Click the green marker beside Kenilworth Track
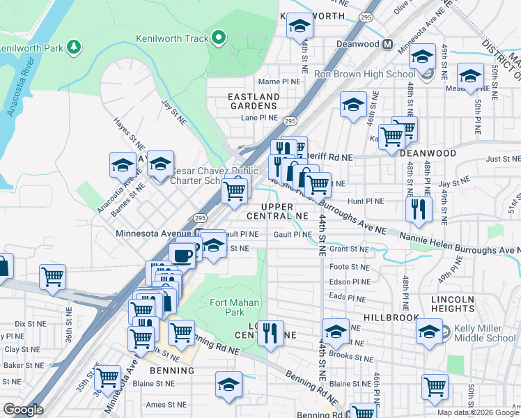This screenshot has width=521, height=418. pyautogui.click(x=219, y=38)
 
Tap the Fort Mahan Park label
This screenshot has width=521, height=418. pyautogui.click(x=235, y=308)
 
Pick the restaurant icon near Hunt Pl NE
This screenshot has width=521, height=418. pyautogui.click(x=418, y=210)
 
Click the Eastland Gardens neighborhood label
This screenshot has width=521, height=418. pyautogui.click(x=254, y=101)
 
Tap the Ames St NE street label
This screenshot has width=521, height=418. pyautogui.click(x=166, y=404)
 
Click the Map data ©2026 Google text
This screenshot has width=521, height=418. pyautogui.click(x=478, y=412)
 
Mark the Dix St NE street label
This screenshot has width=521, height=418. pyautogui.click(x=29, y=324)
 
